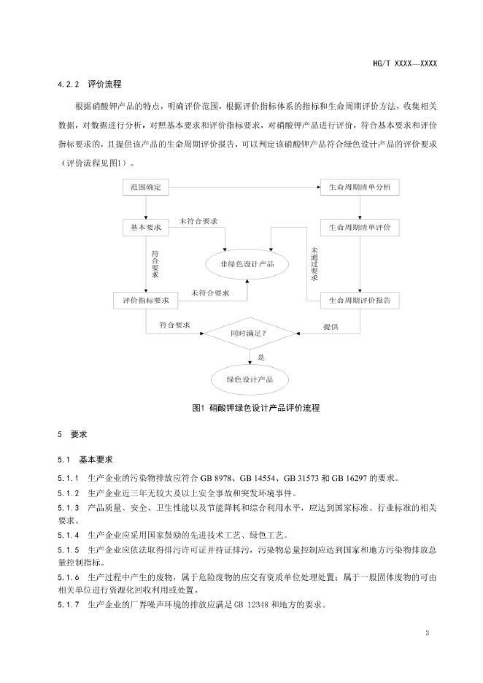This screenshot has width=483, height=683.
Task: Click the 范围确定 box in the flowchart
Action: (x=145, y=188)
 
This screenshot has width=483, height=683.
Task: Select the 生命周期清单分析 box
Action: (x=360, y=188)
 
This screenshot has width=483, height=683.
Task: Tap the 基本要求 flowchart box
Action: (x=145, y=228)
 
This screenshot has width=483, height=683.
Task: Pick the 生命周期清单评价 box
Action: (x=360, y=228)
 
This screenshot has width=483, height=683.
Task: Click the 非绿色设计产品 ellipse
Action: (x=247, y=264)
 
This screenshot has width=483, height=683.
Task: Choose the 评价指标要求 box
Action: (x=145, y=300)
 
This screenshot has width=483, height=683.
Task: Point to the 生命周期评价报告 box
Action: (x=360, y=300)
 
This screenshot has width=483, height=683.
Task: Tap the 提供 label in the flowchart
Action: (x=331, y=327)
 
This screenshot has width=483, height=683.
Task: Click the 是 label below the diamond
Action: (x=260, y=357)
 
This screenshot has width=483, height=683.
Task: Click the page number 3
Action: (x=427, y=631)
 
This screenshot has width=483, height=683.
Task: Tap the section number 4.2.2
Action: (x=68, y=85)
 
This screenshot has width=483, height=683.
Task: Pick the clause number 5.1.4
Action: (x=68, y=535)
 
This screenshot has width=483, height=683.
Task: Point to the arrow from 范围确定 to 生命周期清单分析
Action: (x=245, y=188)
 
